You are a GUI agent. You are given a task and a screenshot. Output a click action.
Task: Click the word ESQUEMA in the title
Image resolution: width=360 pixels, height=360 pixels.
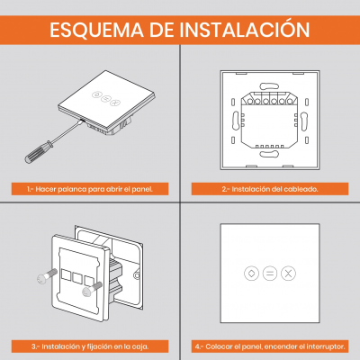pos(96,30)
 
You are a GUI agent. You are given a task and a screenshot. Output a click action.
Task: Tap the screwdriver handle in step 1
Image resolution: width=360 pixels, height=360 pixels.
pos(39,153)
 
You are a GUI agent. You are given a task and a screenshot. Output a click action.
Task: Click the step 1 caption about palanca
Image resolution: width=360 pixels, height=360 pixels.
pos(90,189)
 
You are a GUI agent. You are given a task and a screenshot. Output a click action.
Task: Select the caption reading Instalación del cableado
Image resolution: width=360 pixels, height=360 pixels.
pos(270,189)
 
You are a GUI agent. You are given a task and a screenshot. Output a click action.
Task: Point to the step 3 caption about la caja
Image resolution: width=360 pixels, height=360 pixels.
pos(90,346)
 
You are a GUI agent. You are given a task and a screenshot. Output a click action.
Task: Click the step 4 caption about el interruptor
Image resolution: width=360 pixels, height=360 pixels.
pos(270,346)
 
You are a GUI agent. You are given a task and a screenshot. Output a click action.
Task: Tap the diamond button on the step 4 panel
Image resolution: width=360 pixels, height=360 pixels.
pos(251,274)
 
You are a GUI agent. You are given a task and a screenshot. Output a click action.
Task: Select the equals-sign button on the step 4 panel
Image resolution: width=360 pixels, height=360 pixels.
pos(270,274)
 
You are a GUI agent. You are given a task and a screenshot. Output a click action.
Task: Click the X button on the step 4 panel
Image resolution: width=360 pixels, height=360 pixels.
pos(288,274)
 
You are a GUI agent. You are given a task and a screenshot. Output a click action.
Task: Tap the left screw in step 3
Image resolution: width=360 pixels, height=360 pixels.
pos(47,276)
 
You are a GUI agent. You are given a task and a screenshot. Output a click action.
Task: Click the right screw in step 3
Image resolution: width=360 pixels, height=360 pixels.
pos(91,289)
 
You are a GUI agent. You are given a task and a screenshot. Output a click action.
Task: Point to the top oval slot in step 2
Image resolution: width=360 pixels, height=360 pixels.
pos(269,86)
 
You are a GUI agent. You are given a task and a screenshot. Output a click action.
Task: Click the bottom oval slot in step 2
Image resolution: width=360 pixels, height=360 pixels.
pos(269,154)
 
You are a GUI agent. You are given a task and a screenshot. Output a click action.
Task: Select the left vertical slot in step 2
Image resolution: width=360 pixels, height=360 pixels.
pos(235,121)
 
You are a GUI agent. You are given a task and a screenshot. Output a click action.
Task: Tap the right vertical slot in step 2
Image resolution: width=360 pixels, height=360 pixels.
pos(303,121)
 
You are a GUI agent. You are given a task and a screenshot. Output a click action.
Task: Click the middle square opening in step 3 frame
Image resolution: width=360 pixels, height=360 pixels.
pos(77,278)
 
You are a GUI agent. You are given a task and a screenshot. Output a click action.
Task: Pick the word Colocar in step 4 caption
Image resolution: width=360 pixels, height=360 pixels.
pos(217,346)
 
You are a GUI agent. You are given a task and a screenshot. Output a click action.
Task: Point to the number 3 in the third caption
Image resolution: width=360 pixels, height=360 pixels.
pos(33,346)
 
